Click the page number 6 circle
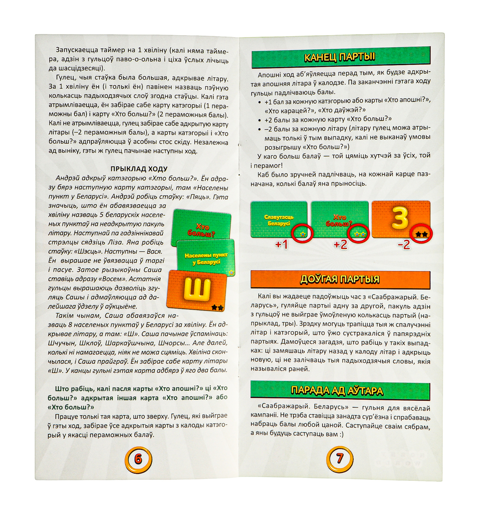[x=138, y=459]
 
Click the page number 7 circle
[x=340, y=459]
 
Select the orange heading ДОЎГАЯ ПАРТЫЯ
[x=340, y=279]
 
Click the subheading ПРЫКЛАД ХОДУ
[x=139, y=169]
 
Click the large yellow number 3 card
[x=401, y=219]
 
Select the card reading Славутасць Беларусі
[x=279, y=219]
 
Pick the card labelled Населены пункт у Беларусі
[x=206, y=258]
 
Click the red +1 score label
[x=281, y=244]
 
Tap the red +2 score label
[x=340, y=244]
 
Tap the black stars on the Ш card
[x=218, y=308]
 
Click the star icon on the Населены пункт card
[x=231, y=272]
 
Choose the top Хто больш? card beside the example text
[x=201, y=228]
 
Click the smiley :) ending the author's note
[x=341, y=434]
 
